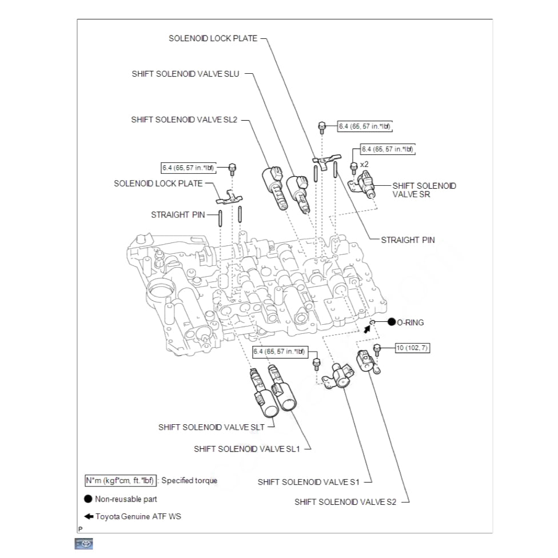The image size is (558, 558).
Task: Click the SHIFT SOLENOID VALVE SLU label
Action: pos(185,74)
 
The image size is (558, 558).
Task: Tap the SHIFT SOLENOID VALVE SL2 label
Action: pos(184,119)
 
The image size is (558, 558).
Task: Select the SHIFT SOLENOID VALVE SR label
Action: pos(424,190)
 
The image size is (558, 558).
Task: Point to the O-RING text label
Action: pos(410,322)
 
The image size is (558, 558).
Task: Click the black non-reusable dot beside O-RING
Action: pos(392,322)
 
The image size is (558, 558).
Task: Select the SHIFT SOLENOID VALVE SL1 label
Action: pos(246,449)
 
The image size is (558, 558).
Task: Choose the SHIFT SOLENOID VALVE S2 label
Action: pos(345,502)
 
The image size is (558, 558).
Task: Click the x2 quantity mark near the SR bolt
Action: pos(364,164)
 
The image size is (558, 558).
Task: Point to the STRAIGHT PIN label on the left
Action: pos(178,215)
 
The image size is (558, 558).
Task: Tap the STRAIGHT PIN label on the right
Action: pos(408,240)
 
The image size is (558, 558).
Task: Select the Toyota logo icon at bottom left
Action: pos(83,544)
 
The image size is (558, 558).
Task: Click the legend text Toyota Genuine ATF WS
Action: pos(138,516)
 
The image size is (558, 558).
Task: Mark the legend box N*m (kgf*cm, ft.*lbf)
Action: pos(119,480)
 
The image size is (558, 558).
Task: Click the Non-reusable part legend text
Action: pos(126,499)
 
